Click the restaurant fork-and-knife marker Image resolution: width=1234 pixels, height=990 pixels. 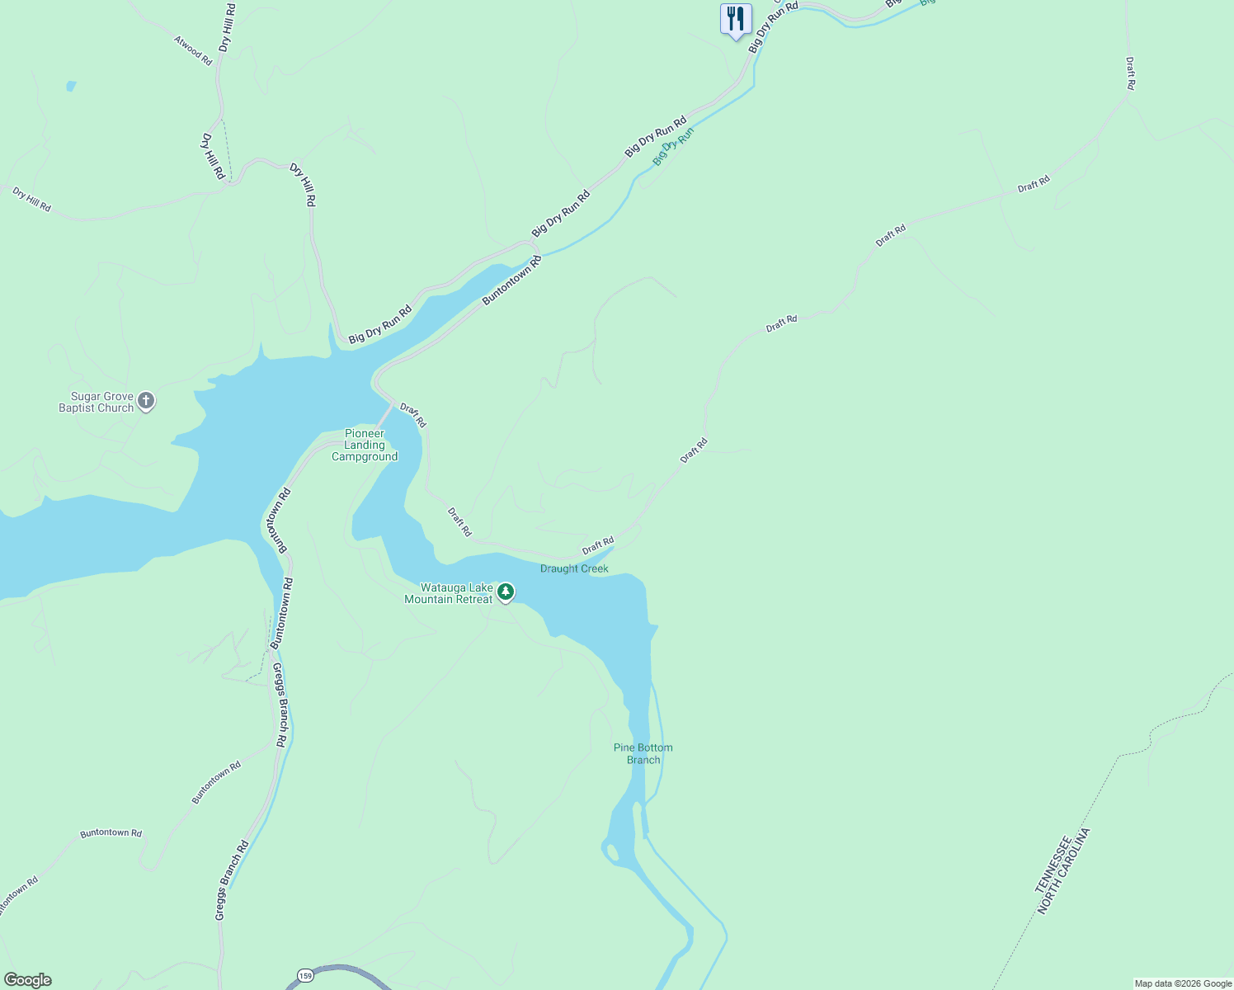[x=735, y=19]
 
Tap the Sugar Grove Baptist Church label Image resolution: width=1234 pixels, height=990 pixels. [x=97, y=403]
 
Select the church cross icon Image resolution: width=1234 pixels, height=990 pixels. [x=146, y=402]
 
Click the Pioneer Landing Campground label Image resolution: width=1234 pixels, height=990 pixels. [x=365, y=445]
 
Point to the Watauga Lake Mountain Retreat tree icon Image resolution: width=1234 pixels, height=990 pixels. [x=506, y=592]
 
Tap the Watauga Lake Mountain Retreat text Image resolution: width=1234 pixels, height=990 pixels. [x=449, y=594]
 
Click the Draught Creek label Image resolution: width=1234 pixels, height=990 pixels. [x=574, y=569]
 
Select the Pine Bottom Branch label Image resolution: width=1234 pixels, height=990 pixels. [x=643, y=754]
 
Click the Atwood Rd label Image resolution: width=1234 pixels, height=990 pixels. [x=193, y=50]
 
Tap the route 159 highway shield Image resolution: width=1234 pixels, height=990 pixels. [x=306, y=975]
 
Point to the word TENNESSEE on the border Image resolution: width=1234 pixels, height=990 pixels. [x=1053, y=864]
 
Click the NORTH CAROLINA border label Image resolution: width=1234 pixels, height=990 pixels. [x=1065, y=871]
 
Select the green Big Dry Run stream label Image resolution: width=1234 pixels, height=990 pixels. [x=673, y=146]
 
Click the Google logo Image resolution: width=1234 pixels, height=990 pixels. [x=28, y=980]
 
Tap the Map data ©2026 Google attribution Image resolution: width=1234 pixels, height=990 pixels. [x=1183, y=983]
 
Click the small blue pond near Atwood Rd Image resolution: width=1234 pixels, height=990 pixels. [x=71, y=86]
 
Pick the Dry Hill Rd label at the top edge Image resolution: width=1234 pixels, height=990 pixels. [x=227, y=27]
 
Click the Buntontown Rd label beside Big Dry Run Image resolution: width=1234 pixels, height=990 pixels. [x=511, y=280]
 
